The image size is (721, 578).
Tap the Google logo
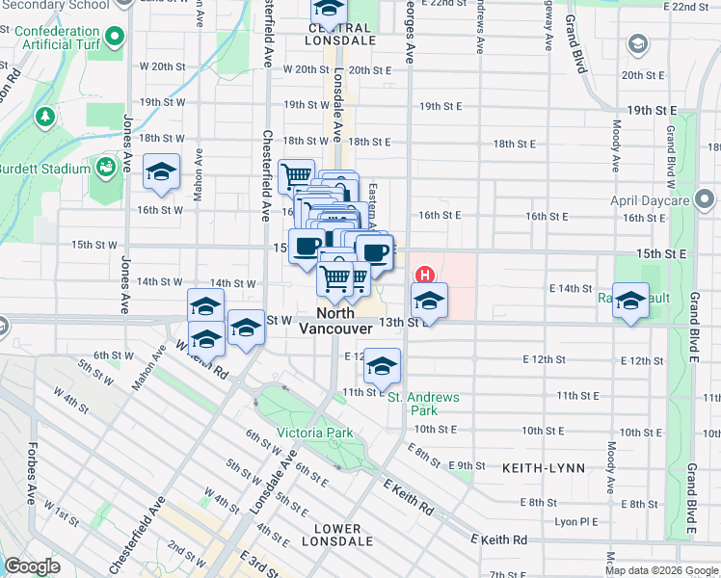click(x=32, y=565)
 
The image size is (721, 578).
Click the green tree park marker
click(x=44, y=117)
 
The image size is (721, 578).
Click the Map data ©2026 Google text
click(x=660, y=570)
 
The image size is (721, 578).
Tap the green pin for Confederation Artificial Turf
click(x=116, y=39)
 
